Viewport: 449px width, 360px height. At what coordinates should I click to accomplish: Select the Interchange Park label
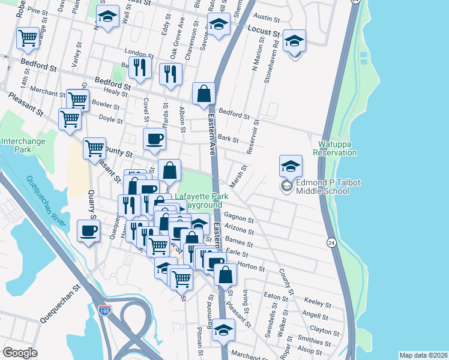[24, 145]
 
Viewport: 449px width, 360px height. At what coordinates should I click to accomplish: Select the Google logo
[20, 352]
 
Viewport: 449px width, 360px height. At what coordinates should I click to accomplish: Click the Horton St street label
[247, 264]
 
